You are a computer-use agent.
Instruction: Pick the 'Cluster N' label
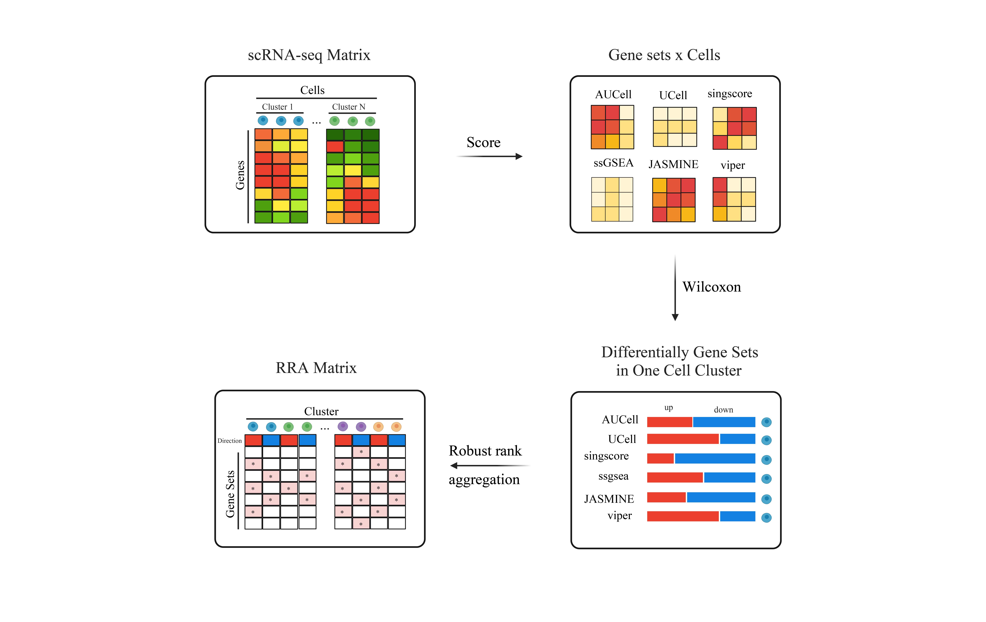pyautogui.click(x=348, y=107)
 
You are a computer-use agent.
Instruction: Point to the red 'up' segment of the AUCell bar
pyautogui.click(x=669, y=422)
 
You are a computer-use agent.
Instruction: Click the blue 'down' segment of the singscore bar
pyautogui.click(x=715, y=459)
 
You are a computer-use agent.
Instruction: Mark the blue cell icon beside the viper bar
pyautogui.click(x=766, y=518)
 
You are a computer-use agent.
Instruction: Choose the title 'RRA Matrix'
pyautogui.click(x=316, y=368)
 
